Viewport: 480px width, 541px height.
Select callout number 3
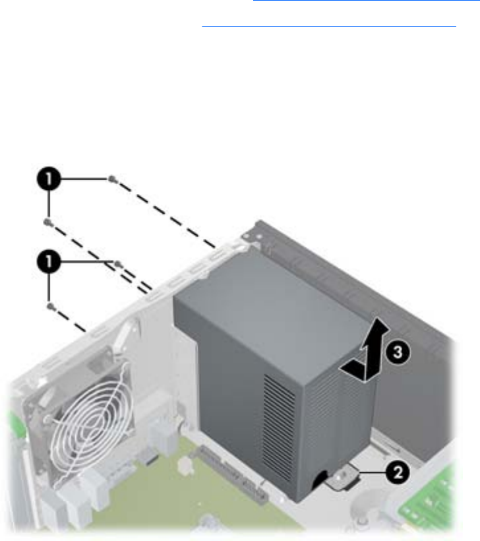[397, 352]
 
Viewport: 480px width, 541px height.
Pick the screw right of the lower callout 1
[118, 264]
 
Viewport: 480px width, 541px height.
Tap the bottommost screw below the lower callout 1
[50, 305]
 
